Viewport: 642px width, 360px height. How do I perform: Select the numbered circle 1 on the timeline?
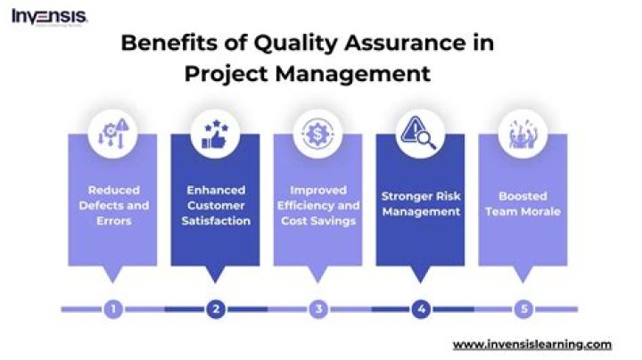[x=112, y=309]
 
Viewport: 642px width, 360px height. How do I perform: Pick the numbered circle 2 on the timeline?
[x=215, y=309]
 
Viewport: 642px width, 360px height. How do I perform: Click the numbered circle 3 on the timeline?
[x=318, y=309]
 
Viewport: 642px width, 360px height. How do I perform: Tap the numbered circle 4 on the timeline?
[x=420, y=309]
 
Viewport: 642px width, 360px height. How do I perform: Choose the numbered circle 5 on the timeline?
[x=523, y=309]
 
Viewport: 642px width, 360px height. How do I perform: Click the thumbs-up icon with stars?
[x=215, y=134]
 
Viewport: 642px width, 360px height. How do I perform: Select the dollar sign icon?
[x=318, y=134]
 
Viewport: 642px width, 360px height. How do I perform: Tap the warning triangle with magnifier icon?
[x=420, y=134]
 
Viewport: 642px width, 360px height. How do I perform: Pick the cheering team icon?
[x=523, y=134]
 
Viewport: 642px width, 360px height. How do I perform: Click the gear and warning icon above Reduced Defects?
[x=112, y=134]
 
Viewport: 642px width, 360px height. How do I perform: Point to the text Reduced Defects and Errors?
[x=112, y=206]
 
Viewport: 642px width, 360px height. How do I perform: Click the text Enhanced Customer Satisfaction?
[x=215, y=205]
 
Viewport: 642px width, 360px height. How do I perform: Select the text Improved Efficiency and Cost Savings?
[x=318, y=205]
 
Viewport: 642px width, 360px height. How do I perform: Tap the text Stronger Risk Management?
[x=420, y=203]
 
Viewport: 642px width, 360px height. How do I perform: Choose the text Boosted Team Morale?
[x=523, y=203]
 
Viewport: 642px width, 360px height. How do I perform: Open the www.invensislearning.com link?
[x=531, y=344]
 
